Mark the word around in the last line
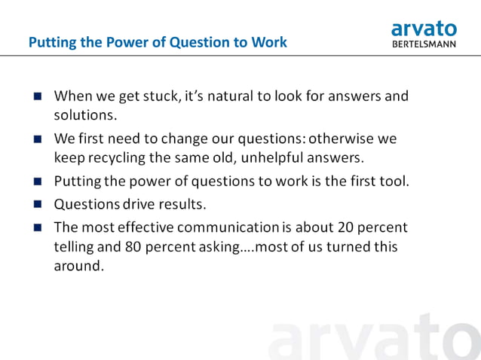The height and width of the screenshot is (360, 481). pos(77,266)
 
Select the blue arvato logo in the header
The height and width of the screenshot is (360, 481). pos(424,28)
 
